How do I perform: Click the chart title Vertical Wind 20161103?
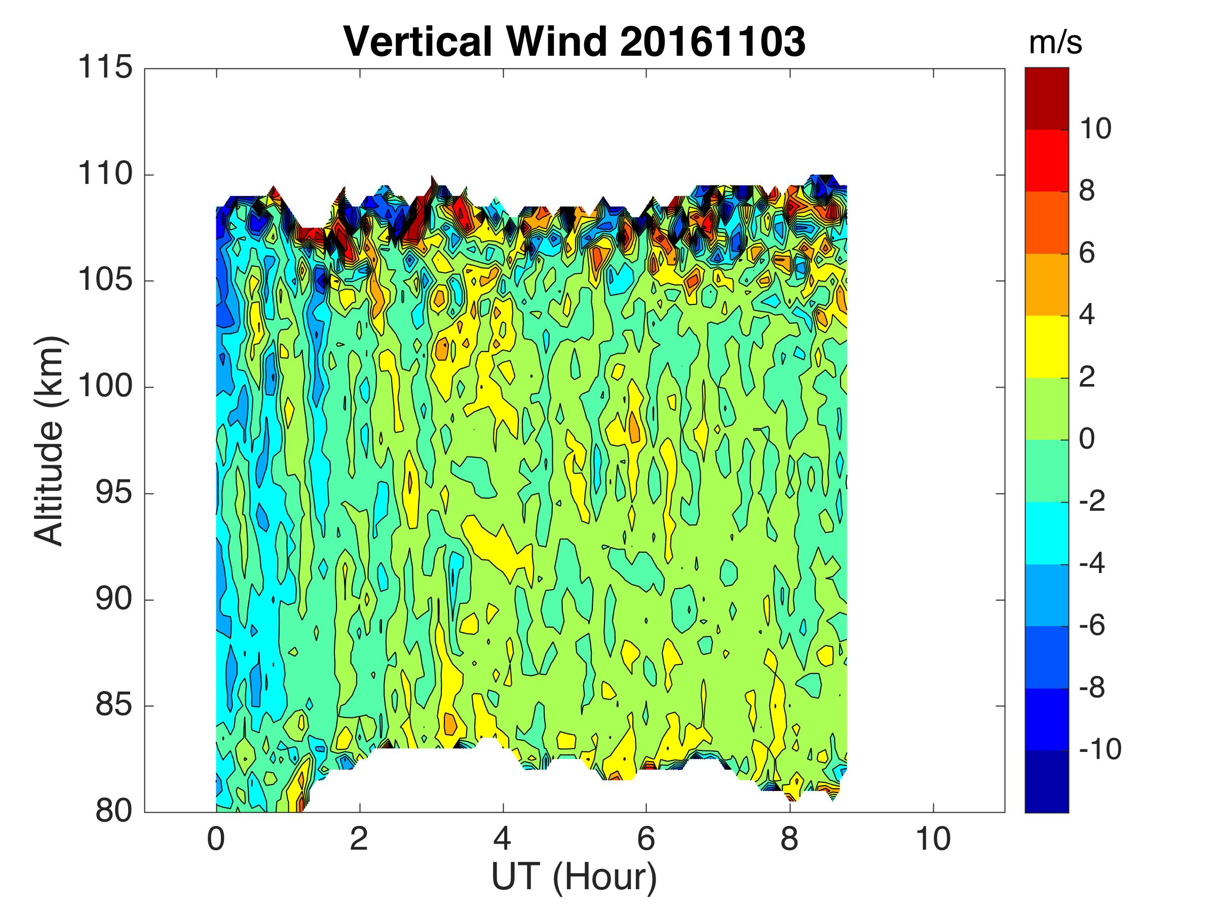[575, 41]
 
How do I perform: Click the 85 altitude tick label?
[114, 705]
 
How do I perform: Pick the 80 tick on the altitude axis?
[114, 811]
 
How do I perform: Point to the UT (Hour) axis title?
[574, 878]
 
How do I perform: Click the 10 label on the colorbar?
[1095, 129]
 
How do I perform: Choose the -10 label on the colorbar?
[1100, 749]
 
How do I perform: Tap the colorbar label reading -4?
[1092, 563]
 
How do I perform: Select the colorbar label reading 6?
[1087, 253]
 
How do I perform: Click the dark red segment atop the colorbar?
[1046, 98]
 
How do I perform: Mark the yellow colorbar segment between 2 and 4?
[1046, 347]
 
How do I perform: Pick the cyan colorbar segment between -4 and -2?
[1046, 533]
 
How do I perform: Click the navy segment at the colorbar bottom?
[1046, 781]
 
